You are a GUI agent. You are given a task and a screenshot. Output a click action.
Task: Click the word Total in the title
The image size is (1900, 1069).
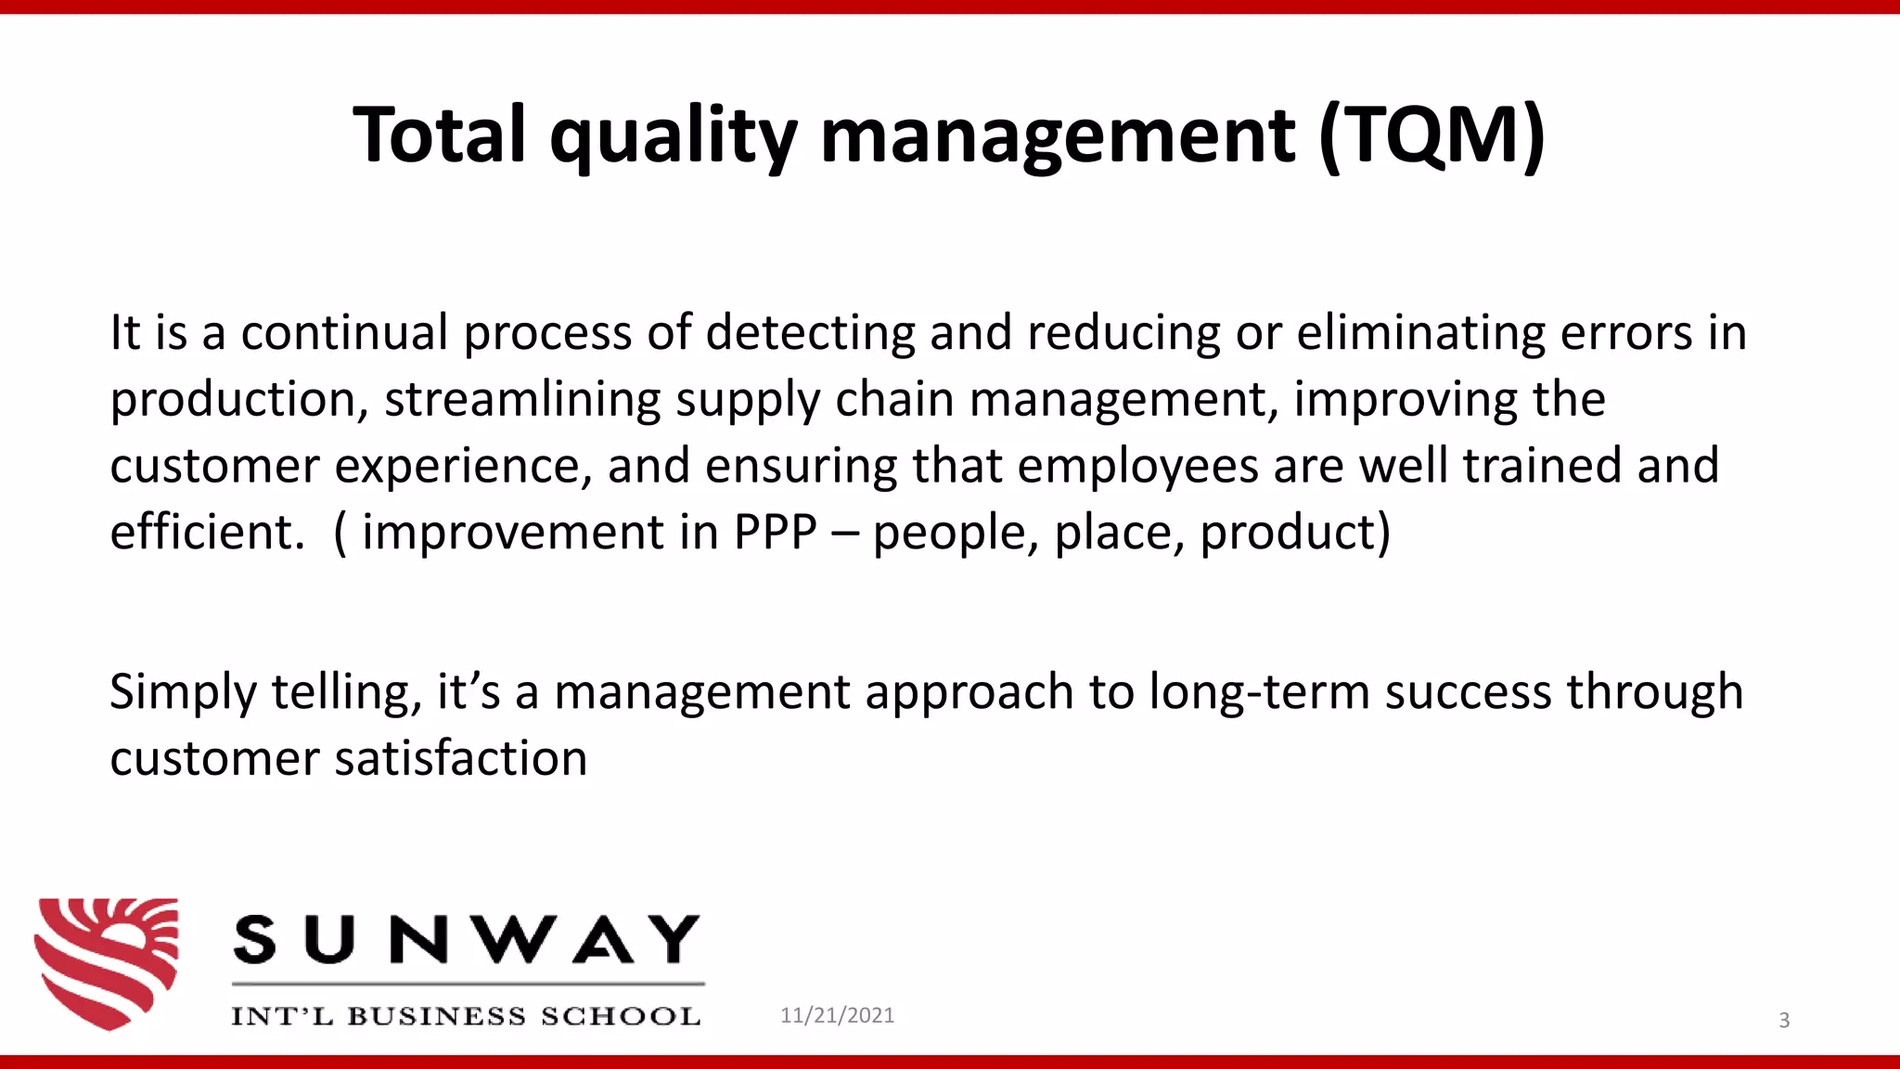coord(441,135)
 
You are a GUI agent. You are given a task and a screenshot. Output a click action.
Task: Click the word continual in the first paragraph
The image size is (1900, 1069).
coord(344,332)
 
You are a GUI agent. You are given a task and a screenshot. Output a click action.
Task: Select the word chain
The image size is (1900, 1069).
coord(894,399)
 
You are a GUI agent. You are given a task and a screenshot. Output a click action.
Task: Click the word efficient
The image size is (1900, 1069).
coord(207,533)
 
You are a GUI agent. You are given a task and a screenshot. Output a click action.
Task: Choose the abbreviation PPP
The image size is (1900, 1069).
coord(776,533)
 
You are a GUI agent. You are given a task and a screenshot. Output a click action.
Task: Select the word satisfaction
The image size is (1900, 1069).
coord(461,759)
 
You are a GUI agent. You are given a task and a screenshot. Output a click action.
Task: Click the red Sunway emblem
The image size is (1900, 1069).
coord(107,962)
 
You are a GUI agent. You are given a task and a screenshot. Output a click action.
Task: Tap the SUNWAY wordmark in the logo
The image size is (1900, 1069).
coord(466,939)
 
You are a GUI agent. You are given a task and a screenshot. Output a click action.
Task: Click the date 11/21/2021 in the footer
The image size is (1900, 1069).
coord(837,1015)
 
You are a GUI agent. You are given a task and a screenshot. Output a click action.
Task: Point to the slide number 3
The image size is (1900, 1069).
coord(1783,1021)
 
